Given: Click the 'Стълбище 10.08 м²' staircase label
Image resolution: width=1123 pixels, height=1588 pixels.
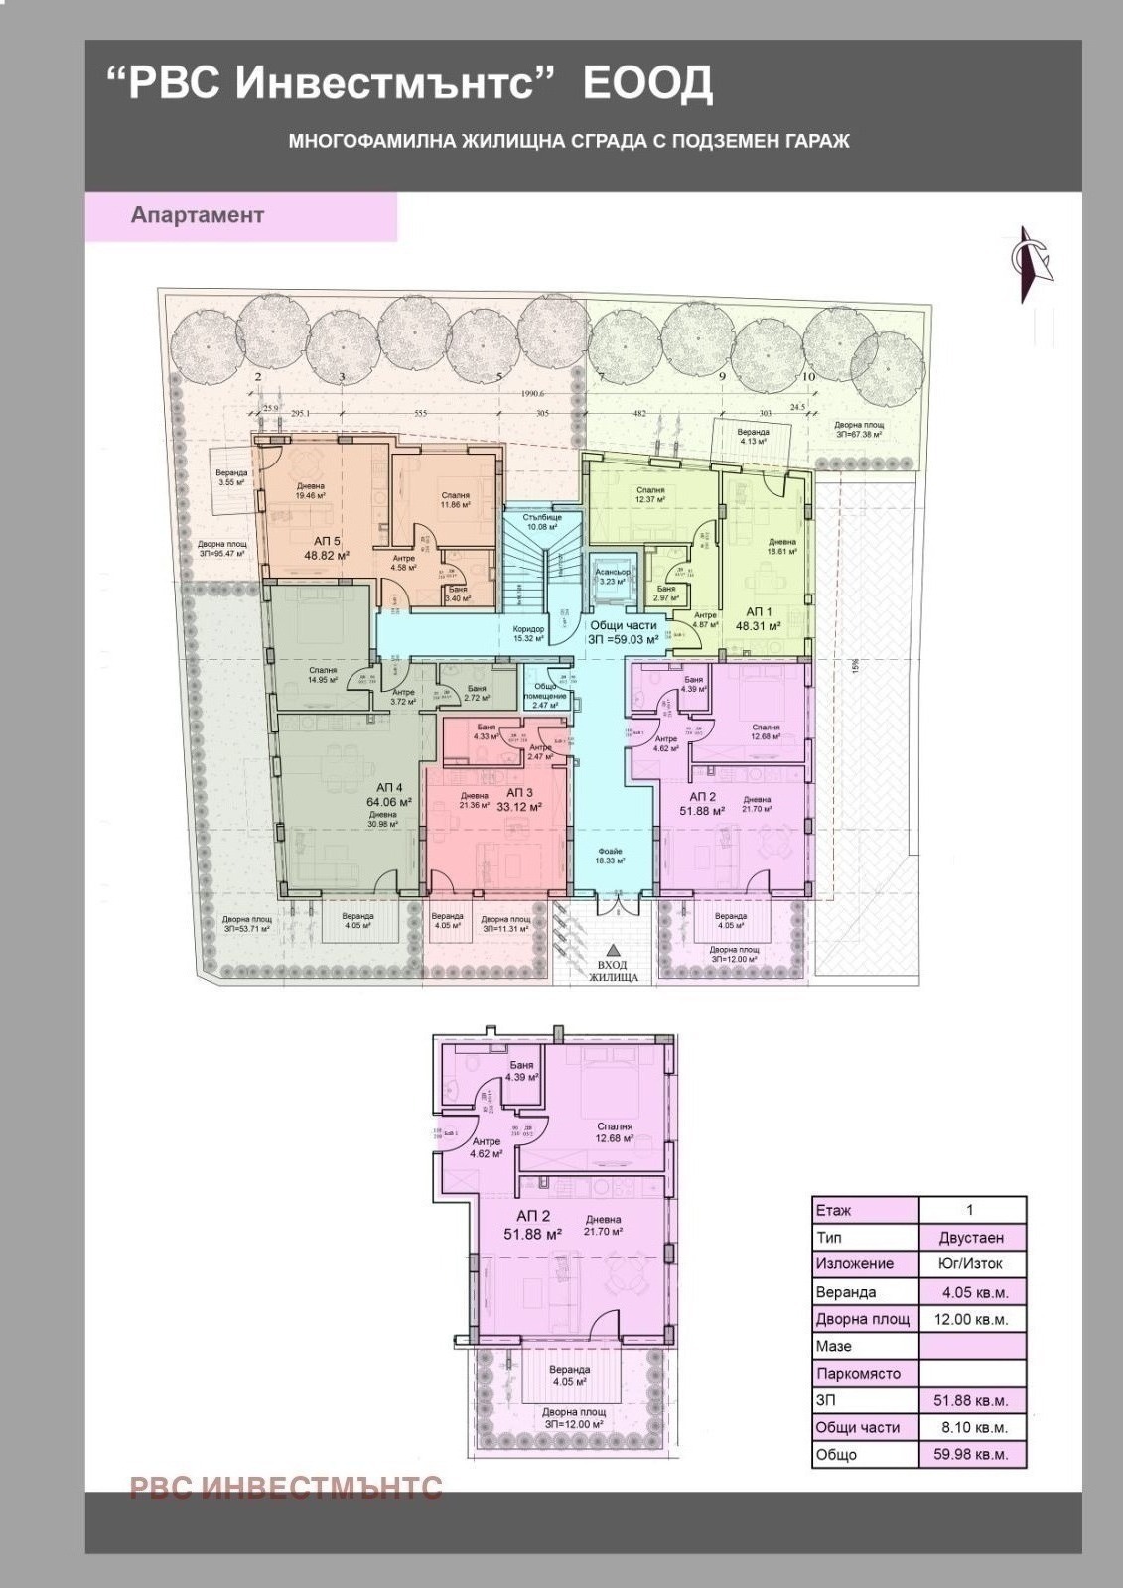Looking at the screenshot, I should (x=543, y=521).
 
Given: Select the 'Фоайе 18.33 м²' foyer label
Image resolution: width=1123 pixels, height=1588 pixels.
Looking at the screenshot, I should (x=610, y=855).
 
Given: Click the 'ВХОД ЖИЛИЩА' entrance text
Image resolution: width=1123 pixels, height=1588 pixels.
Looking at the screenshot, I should (x=613, y=970).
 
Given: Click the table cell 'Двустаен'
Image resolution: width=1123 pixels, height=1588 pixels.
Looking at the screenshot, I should (x=971, y=1238).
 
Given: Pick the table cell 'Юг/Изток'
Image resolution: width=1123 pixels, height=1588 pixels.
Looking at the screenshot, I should (x=971, y=1264).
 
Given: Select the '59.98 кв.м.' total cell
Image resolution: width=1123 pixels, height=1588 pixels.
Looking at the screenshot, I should (x=971, y=1455).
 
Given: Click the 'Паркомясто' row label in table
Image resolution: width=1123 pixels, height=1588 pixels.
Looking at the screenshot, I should (x=858, y=1374).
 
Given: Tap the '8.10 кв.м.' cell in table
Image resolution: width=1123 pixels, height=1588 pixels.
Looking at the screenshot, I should (x=971, y=1427).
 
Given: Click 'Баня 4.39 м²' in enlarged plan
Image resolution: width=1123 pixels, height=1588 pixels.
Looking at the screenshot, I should (x=521, y=1071).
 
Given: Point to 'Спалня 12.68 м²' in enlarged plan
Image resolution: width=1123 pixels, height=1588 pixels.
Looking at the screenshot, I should (x=616, y=1132).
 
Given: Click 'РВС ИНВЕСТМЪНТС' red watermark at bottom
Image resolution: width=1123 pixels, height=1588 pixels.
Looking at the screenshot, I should (x=286, y=1486).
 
